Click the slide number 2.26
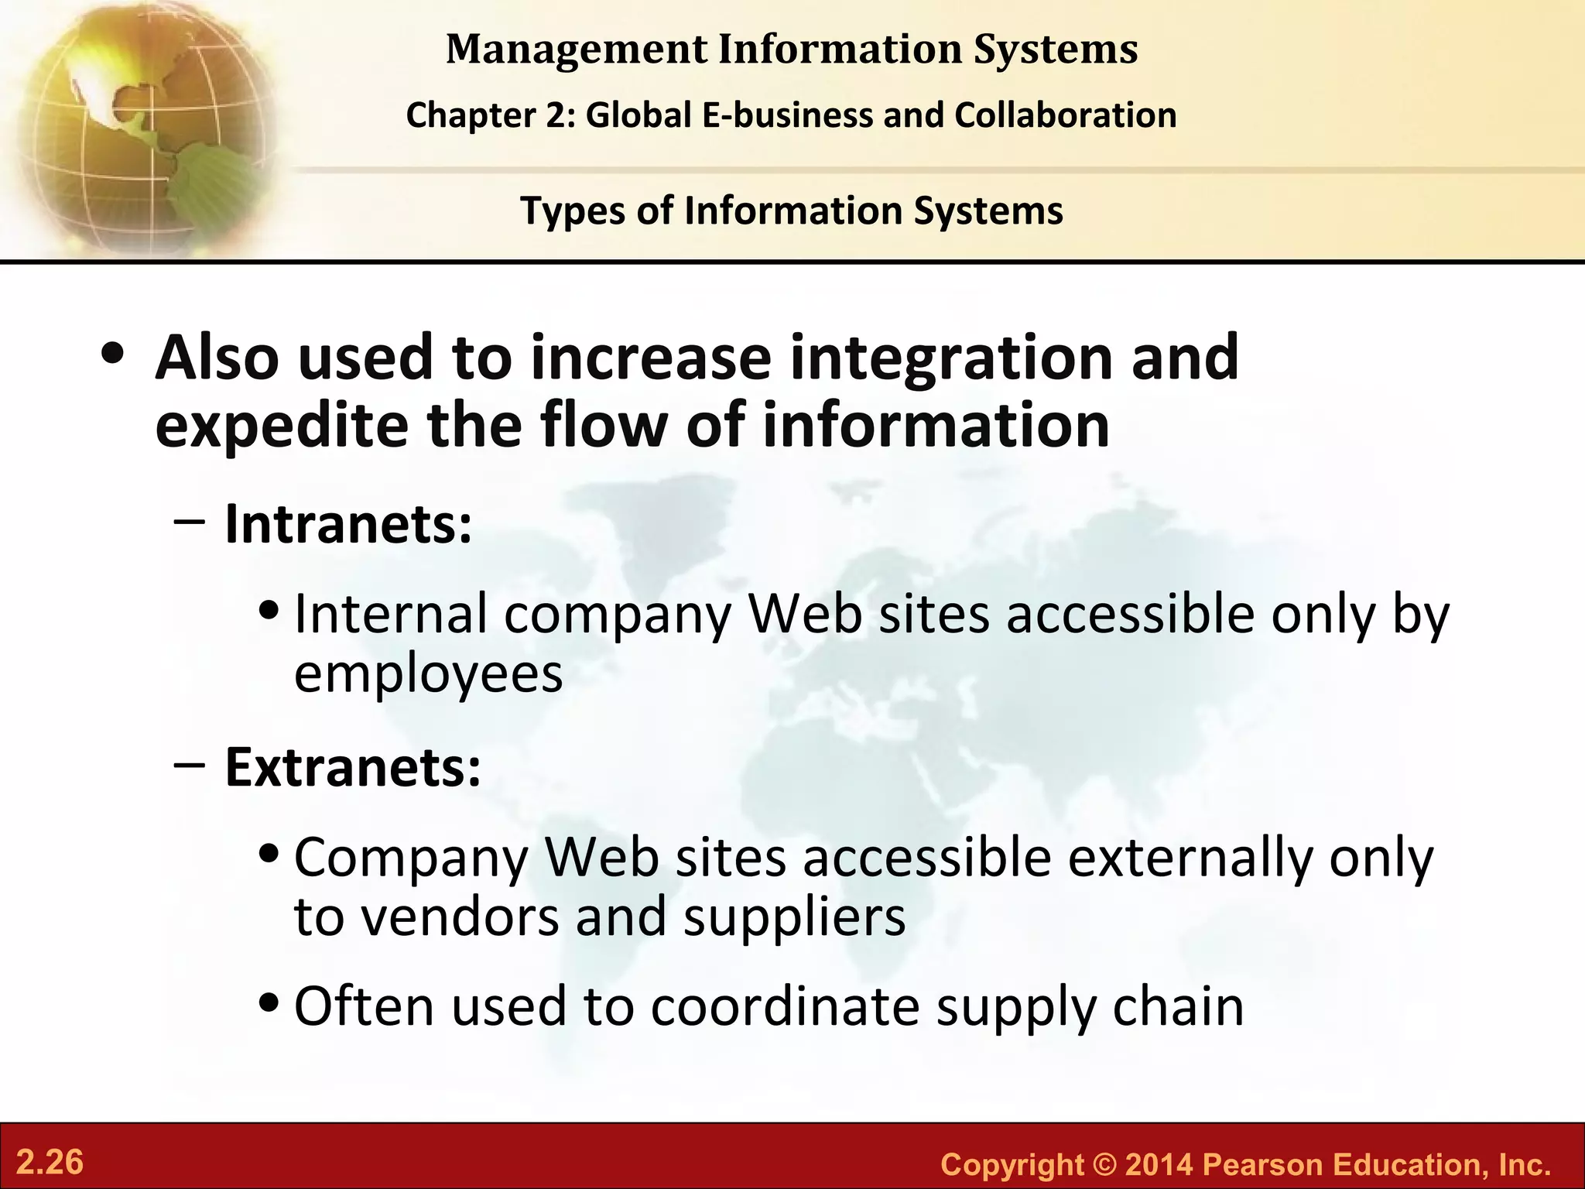(x=50, y=1163)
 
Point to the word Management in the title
(x=577, y=49)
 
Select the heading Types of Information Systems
(x=792, y=211)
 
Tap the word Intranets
(x=347, y=524)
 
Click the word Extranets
(x=352, y=767)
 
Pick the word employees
(x=428, y=674)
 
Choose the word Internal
(x=392, y=614)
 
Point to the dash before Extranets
(x=190, y=766)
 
